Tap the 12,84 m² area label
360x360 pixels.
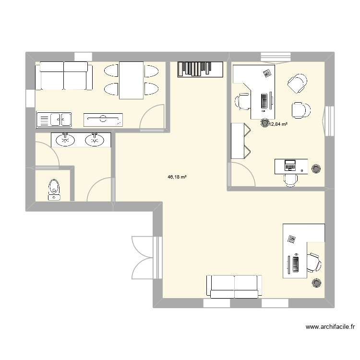[x=278, y=124]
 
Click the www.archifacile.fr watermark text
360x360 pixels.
[x=330, y=327]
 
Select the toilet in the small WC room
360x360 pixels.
[x=54, y=189]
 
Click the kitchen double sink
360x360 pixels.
[x=54, y=118]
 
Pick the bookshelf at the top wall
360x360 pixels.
[x=200, y=69]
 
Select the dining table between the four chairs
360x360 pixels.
[x=131, y=80]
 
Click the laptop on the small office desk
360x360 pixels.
[x=290, y=165]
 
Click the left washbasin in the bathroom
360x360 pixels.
[x=65, y=140]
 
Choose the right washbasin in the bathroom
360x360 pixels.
[x=95, y=140]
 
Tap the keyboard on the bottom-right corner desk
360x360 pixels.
[x=295, y=264]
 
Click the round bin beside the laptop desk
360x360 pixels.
[x=316, y=169]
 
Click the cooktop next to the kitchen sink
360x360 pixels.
[x=103, y=119]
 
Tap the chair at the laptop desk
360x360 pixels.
[x=290, y=179]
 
